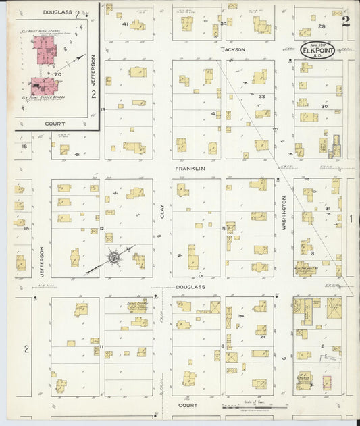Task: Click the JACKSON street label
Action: (232, 49)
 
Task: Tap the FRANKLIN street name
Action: (190, 169)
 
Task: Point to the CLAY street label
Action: (162, 212)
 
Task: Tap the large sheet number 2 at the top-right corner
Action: (346, 20)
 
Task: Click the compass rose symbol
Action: (114, 257)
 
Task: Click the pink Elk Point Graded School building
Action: (42, 86)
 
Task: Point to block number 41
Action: (126, 24)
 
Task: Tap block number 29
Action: (322, 26)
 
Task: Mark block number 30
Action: (324, 106)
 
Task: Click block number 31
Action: (327, 209)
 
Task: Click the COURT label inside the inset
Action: (55, 124)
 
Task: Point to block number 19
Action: (26, 229)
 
